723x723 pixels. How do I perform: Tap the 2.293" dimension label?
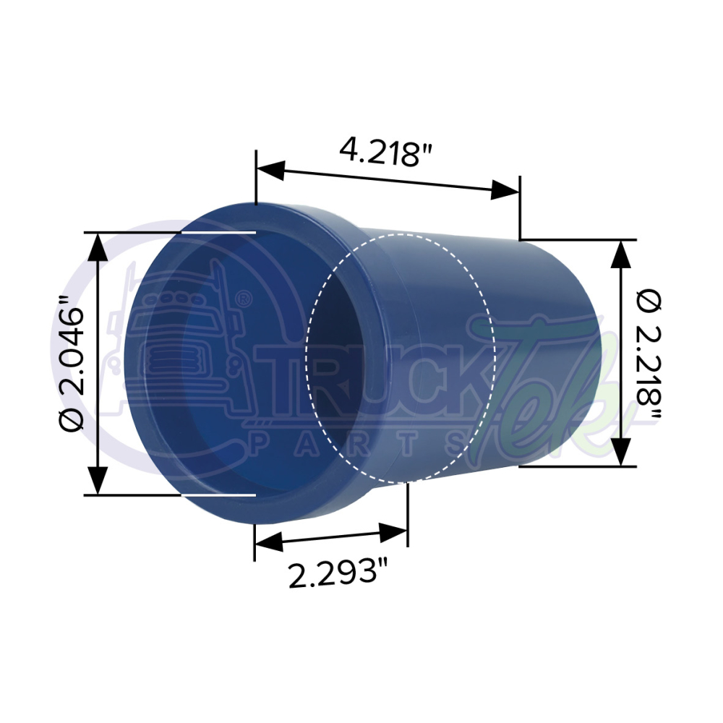[x=337, y=573]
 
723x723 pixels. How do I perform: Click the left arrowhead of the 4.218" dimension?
[x=270, y=168]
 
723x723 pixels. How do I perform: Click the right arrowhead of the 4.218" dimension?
[x=505, y=189]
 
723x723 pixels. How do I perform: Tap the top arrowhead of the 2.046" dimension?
[x=98, y=247]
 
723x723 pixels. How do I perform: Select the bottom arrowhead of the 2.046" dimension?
[x=98, y=481]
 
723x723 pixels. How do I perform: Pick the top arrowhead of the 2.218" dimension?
[x=621, y=254]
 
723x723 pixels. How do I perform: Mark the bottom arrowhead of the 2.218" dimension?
[x=621, y=451]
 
